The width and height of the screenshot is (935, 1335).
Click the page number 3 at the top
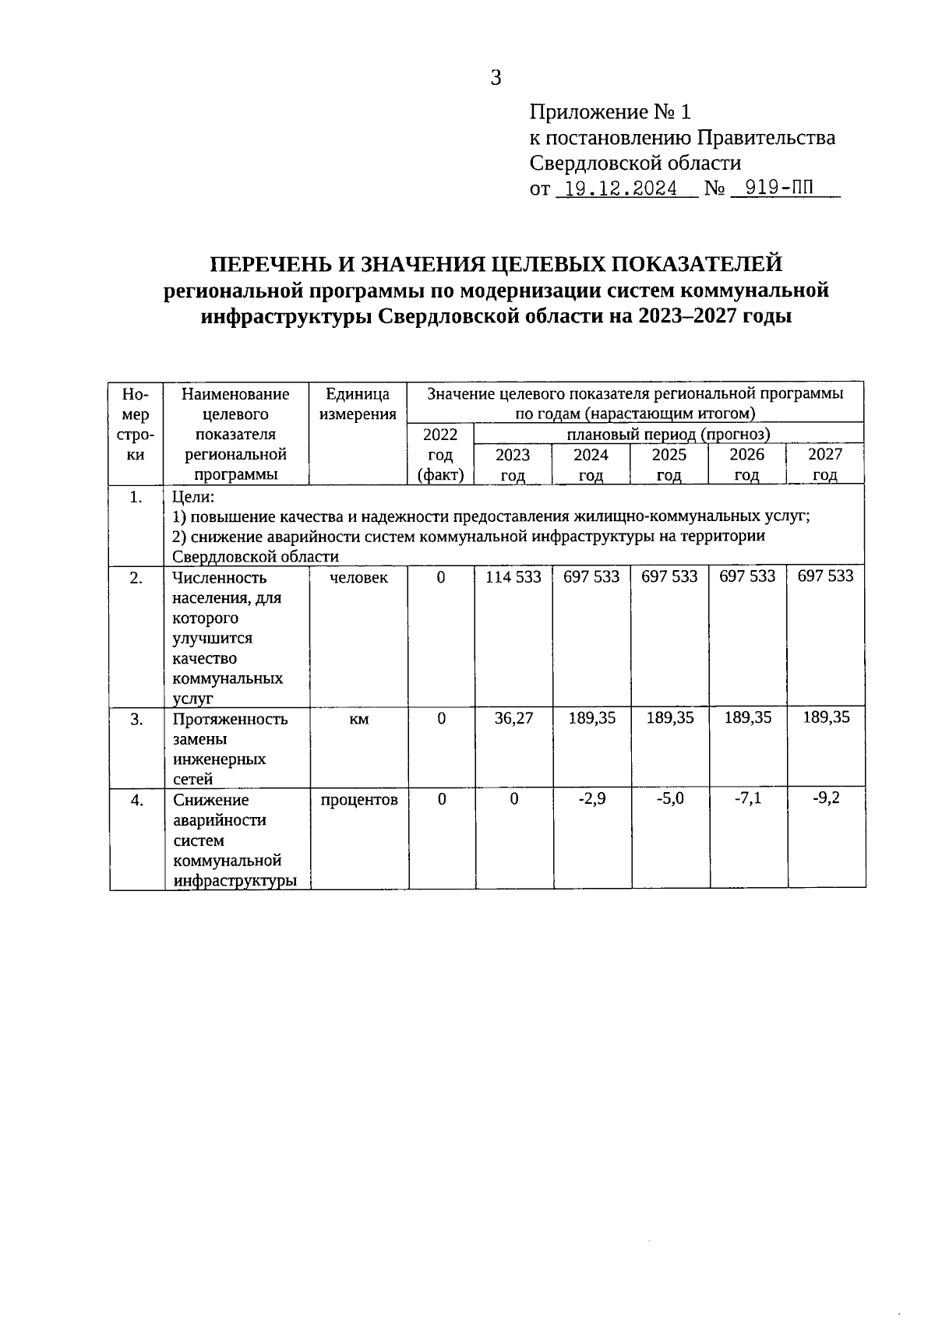[x=496, y=77]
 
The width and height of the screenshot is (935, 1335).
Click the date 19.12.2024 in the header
[x=620, y=188]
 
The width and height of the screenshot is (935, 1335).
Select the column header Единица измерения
[x=358, y=404]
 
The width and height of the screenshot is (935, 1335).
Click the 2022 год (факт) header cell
[x=440, y=455]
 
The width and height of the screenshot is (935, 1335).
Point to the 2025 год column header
[x=669, y=465]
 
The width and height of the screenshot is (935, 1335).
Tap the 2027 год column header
[x=825, y=465]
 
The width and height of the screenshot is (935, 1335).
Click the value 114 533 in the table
[x=513, y=576]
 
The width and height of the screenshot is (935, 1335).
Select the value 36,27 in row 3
[x=513, y=717]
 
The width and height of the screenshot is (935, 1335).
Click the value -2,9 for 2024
[x=591, y=798]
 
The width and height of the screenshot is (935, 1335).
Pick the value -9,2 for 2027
[x=826, y=798]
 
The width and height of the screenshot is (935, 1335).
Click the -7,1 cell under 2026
[x=747, y=798]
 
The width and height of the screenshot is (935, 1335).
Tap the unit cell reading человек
[x=358, y=577]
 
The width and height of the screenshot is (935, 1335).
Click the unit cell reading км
[x=358, y=719]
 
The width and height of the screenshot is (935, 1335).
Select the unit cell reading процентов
[x=358, y=799]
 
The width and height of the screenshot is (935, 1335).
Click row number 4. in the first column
[x=136, y=800]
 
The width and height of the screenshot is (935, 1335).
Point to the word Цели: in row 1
[x=192, y=496]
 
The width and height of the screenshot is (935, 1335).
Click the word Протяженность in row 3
[x=230, y=719]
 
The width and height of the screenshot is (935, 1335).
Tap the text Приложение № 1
[x=610, y=112]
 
